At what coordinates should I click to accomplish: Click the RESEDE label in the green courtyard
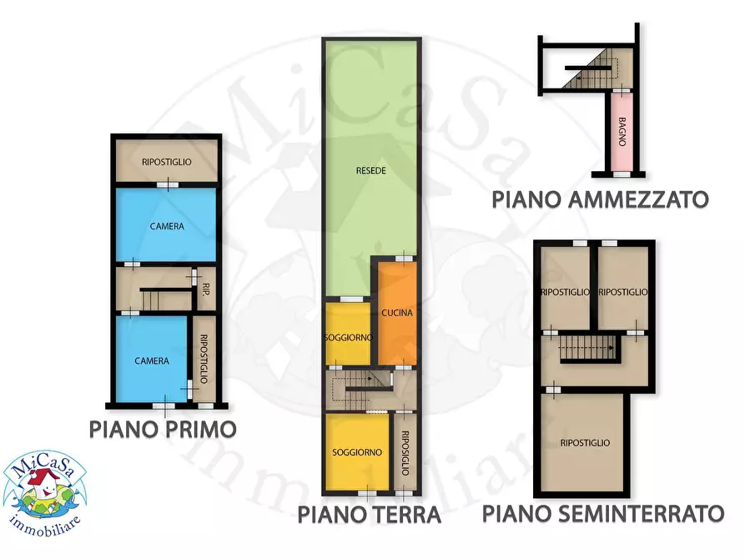(x=370, y=170)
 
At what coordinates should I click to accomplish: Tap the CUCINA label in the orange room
(x=397, y=314)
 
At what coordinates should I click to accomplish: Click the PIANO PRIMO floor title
(x=163, y=430)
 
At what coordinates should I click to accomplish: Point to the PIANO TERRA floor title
(x=370, y=514)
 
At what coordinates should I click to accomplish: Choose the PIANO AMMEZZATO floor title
(x=600, y=199)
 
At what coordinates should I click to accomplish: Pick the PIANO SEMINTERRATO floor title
(x=603, y=512)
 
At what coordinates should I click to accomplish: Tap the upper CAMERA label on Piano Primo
(x=167, y=226)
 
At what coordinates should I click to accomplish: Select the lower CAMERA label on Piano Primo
(x=153, y=361)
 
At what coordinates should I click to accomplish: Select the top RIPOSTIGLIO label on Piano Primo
(x=167, y=162)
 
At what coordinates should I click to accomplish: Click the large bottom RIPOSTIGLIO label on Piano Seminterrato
(x=585, y=443)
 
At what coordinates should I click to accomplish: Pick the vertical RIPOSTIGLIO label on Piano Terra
(x=405, y=453)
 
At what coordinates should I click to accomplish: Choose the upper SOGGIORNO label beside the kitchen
(x=347, y=337)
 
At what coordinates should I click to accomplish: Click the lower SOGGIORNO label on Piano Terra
(x=357, y=452)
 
